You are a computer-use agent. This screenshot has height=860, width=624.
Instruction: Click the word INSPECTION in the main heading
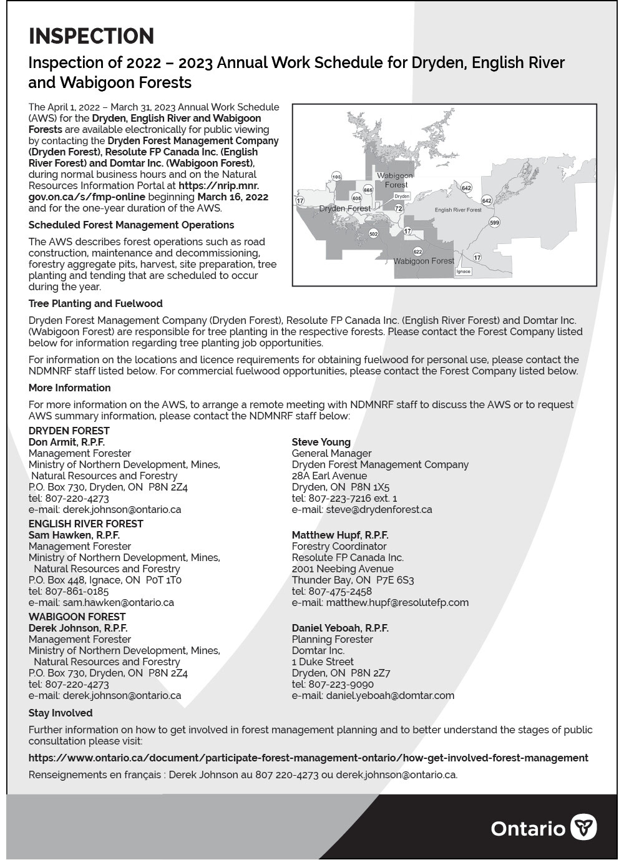91,36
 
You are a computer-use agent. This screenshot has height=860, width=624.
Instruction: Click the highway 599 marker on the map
494,222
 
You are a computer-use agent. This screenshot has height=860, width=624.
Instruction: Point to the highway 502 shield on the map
373,233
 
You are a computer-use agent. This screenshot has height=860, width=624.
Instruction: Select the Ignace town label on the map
463,271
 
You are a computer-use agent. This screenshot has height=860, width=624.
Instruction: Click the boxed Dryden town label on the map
402,196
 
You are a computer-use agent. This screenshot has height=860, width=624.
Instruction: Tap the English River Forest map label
458,210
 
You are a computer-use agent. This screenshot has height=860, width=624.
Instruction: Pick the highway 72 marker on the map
399,208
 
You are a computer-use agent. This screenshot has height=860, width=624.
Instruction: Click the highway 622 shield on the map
417,252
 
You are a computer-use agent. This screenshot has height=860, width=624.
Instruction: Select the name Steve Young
321,442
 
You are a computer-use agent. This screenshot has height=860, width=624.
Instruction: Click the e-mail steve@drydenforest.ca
362,509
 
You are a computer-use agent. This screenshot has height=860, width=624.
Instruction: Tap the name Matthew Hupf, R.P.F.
340,535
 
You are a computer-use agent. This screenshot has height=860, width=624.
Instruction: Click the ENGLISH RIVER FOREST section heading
85,524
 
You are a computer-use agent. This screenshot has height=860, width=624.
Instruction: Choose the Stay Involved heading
61,713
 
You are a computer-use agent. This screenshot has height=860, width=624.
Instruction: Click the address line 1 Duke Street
323,662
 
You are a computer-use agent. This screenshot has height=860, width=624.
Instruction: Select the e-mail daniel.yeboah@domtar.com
373,695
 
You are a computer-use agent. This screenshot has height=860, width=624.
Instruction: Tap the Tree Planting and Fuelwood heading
95,303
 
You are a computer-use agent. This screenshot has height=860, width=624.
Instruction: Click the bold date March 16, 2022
233,197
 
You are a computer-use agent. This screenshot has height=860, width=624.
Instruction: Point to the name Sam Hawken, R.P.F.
74,535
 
